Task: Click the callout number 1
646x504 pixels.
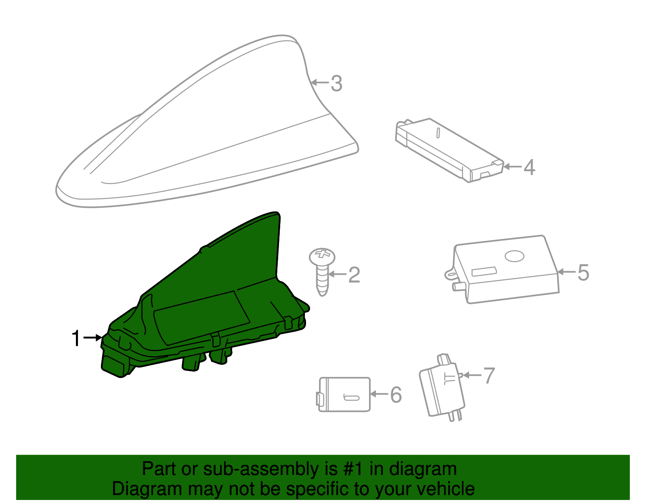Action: pos(76,338)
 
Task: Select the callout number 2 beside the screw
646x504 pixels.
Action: pos(354,275)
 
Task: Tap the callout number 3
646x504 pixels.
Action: pos(336,84)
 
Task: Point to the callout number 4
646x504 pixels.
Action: pos(529,167)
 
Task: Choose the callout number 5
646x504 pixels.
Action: pos(583,272)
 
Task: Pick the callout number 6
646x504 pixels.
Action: pos(396,394)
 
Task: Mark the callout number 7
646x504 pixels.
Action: pos(489,376)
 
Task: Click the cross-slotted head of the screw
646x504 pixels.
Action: pos(322,256)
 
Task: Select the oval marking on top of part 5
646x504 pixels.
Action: pos(514,256)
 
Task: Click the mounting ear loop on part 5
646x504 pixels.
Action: pos(450,274)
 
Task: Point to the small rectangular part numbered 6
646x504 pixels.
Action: pos(344,394)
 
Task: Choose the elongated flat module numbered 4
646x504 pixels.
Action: pos(448,149)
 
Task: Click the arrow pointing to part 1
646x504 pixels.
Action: pos(92,337)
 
